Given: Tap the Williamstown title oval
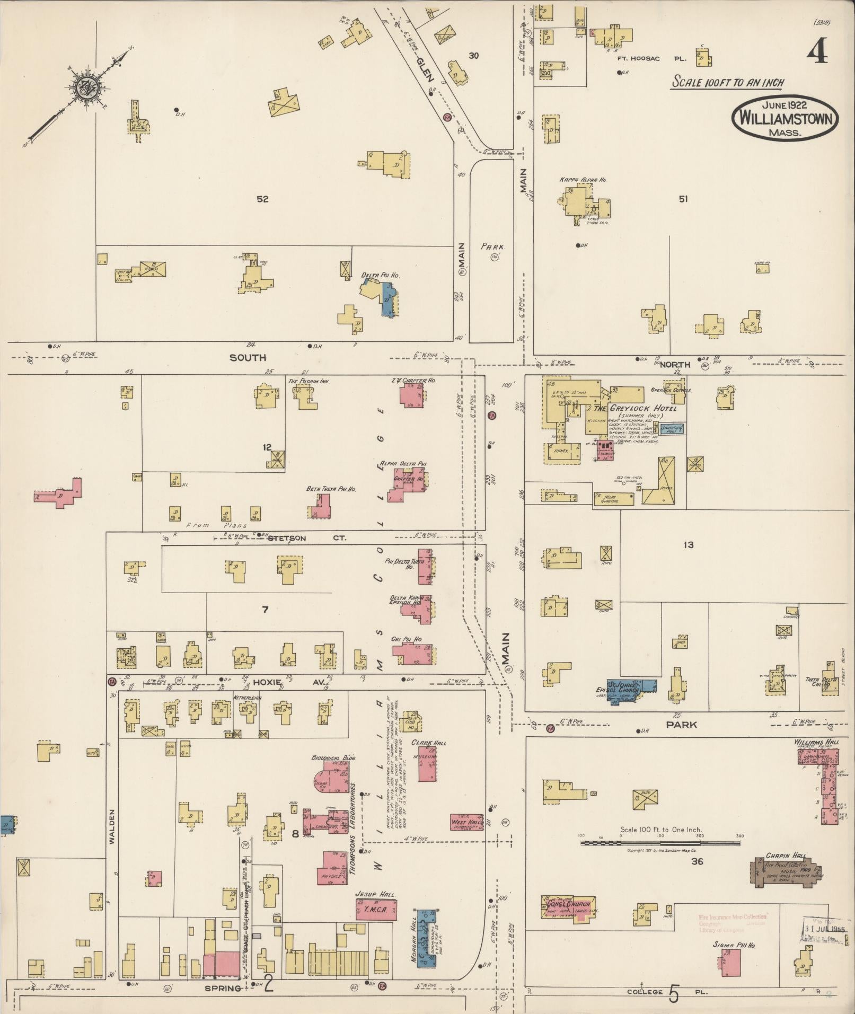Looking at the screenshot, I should tap(785, 119).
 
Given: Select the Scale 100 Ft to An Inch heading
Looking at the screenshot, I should tap(727, 83).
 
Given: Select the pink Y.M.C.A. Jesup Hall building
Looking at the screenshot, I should tap(376, 911).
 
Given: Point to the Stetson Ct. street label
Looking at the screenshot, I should tap(306, 538).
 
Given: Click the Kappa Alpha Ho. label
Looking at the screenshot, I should tap(583, 180).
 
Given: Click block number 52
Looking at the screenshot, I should tap(262, 199).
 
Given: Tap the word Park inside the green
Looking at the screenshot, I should tap(493, 246).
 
